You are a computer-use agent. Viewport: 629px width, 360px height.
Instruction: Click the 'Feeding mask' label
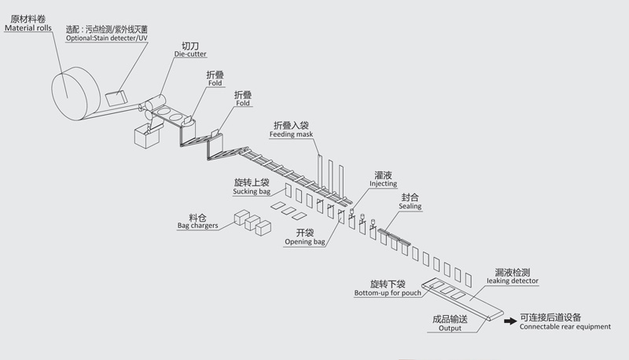point(292,134)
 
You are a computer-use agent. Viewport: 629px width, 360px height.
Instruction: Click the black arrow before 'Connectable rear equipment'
point(509,320)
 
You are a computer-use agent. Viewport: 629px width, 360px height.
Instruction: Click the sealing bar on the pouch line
point(394,235)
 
